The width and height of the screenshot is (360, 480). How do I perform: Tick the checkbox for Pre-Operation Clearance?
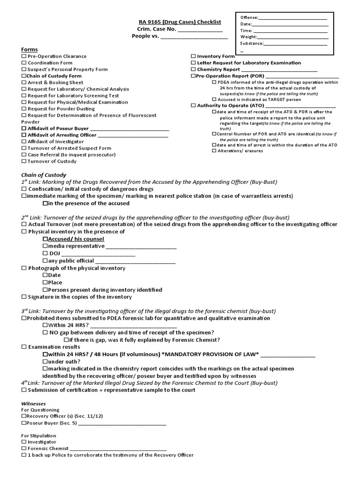pyautogui.click(x=24, y=56)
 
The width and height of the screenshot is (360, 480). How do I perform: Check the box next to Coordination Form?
pyautogui.click(x=24, y=63)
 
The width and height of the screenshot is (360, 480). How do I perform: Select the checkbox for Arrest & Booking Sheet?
pyautogui.click(x=24, y=82)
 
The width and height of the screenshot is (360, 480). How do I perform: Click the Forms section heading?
pyautogui.click(x=29, y=50)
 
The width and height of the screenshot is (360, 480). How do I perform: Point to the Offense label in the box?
pyautogui.click(x=249, y=17)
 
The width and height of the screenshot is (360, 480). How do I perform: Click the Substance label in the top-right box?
pyautogui.click(x=252, y=44)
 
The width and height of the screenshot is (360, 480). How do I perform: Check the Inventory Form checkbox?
pyautogui.click(x=193, y=56)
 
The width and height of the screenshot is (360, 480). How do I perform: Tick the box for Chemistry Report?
pyautogui.click(x=193, y=69)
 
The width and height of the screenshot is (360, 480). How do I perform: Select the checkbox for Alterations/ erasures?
pyautogui.click(x=214, y=151)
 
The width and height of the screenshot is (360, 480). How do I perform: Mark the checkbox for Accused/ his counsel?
pyautogui.click(x=45, y=239)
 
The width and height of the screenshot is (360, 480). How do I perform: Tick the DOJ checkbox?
pyautogui.click(x=45, y=254)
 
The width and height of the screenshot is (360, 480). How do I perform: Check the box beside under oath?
pyautogui.click(x=45, y=361)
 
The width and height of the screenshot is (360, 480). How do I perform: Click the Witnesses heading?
pyautogui.click(x=33, y=403)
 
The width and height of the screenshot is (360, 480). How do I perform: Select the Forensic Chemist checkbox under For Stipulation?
pyautogui.click(x=24, y=449)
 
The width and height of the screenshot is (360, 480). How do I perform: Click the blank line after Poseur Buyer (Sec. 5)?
pyautogui.click(x=122, y=423)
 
